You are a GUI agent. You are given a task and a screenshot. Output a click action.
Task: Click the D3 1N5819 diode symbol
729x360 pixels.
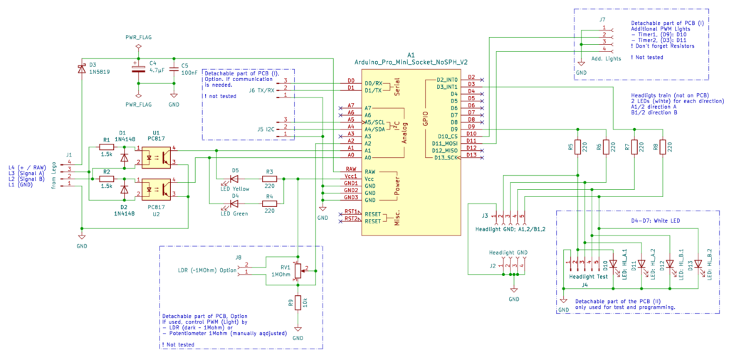(82, 69)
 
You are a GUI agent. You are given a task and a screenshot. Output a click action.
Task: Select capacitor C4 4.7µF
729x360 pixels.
(137, 70)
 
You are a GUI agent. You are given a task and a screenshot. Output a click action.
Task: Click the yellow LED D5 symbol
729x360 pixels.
(235, 179)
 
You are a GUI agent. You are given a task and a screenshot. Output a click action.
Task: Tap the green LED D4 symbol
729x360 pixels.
(235, 204)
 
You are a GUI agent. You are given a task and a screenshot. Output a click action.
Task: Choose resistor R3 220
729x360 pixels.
(269, 179)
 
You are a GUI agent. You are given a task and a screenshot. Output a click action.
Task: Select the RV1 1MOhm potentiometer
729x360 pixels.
(298, 269)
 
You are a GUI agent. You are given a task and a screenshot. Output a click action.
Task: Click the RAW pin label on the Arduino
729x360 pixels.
(370, 171)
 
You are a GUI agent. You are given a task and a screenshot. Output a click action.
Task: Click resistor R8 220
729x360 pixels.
(662, 147)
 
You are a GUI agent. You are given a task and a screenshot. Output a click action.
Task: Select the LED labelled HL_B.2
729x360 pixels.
(698, 263)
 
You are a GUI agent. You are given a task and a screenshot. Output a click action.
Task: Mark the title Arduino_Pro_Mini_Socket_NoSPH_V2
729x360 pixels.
(411, 62)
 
